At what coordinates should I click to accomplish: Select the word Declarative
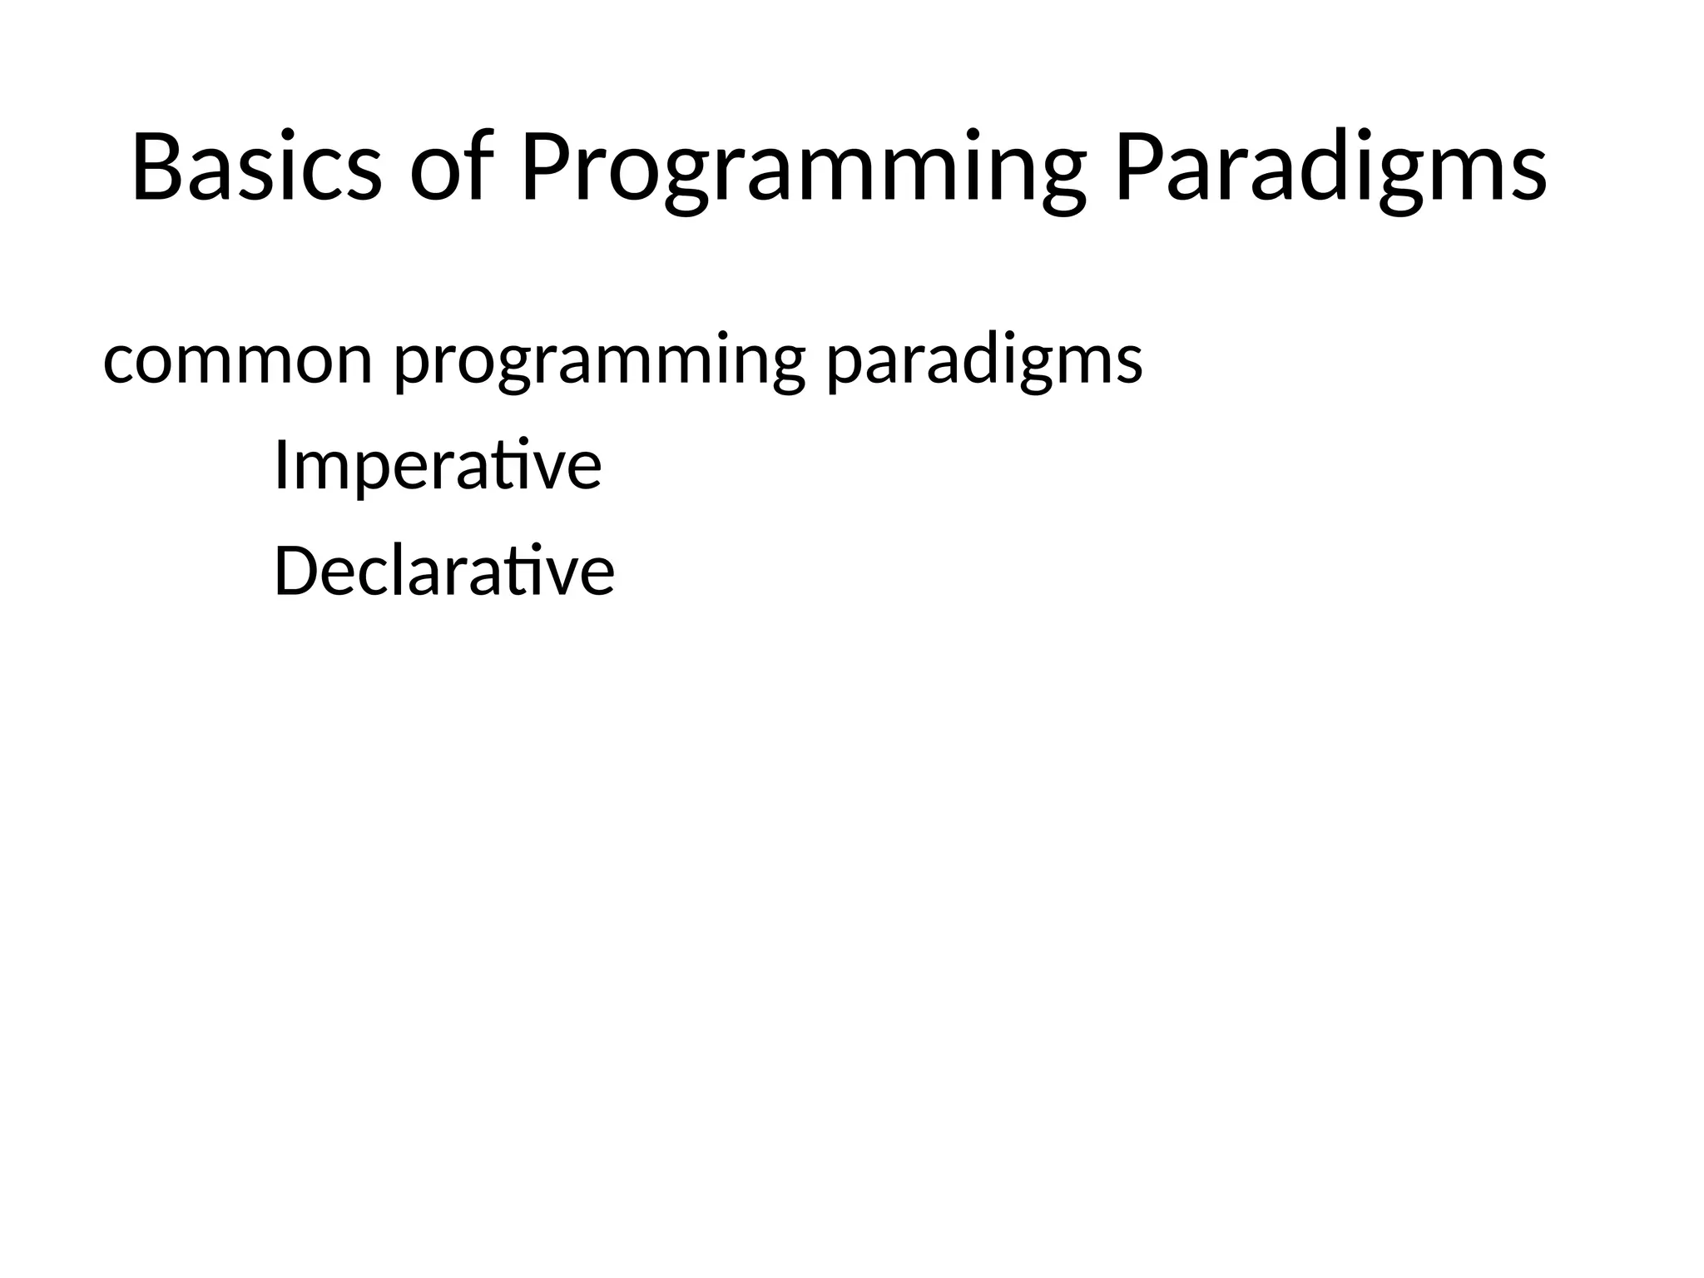[x=444, y=572]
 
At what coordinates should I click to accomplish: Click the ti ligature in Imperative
[x=518, y=466]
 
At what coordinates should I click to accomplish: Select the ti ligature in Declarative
[x=531, y=572]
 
